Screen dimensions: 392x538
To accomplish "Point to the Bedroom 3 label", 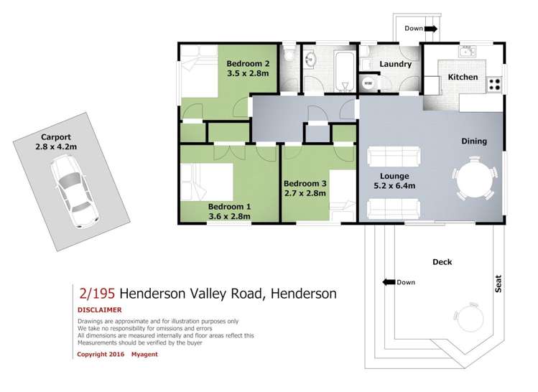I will click(305, 184).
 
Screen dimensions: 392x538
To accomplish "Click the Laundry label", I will click(395, 64).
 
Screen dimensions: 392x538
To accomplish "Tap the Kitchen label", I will click(463, 77).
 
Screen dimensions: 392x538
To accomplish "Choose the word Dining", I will click(474, 141).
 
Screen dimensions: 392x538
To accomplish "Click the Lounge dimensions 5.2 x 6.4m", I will click(395, 186).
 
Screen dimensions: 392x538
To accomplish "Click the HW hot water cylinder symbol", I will click(368, 83).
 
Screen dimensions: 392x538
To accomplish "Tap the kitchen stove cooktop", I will click(493, 83).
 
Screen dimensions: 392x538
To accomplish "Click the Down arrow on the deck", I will click(391, 282).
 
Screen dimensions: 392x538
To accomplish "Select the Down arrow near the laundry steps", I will click(430, 29).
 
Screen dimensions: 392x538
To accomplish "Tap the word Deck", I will click(442, 262).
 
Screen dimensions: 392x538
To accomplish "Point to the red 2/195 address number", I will click(96, 293).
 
